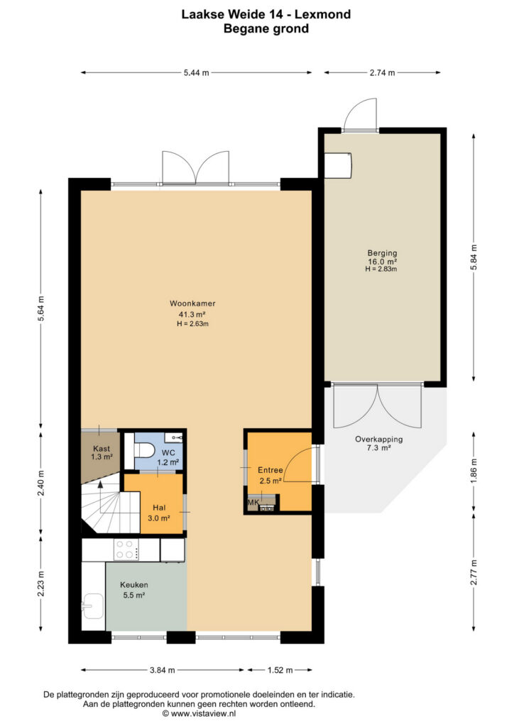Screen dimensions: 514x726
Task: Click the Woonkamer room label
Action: [192, 303]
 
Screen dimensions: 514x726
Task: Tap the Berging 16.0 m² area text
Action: [382, 262]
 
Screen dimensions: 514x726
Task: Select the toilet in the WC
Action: [143, 449]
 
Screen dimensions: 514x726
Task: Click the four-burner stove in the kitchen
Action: [126, 549]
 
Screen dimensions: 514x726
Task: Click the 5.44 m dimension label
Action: [196, 73]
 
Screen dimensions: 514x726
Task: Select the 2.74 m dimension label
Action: [383, 73]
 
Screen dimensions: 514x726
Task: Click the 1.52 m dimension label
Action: [280, 670]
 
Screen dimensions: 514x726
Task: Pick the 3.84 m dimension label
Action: [162, 670]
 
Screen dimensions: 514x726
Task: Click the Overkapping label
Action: [378, 440]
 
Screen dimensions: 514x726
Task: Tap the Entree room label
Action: [270, 471]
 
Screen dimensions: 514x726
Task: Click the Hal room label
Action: [159, 508]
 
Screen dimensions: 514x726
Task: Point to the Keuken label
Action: [134, 585]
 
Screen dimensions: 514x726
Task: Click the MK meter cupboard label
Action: [253, 503]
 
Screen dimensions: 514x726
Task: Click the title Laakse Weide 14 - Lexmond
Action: [266, 14]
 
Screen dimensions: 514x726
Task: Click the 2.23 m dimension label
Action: [40, 583]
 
